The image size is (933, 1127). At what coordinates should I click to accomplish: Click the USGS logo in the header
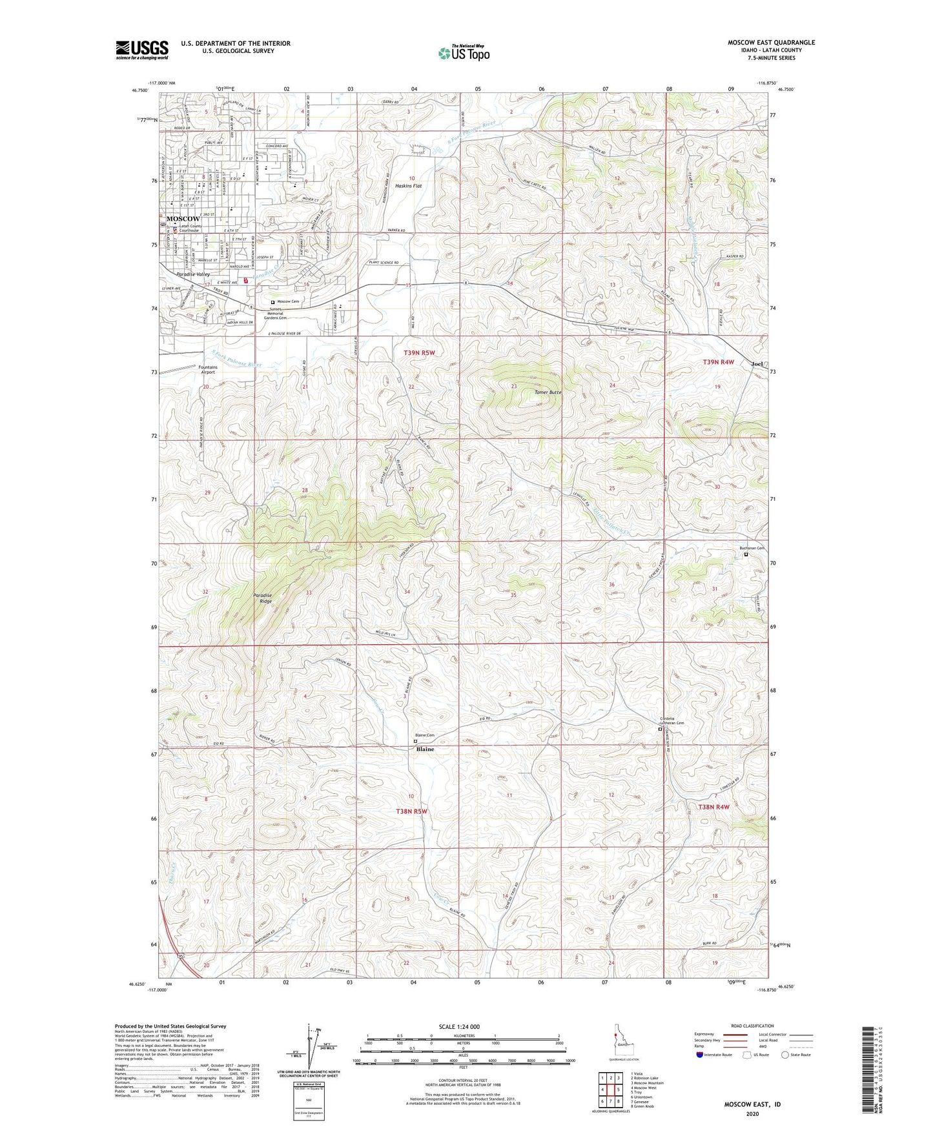141,49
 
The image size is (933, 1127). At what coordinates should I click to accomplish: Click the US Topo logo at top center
463,54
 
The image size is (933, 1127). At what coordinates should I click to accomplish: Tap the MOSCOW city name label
183,219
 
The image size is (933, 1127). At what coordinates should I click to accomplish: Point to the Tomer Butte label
548,392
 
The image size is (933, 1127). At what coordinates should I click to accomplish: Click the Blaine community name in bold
425,749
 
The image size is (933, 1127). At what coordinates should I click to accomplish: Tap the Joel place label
757,364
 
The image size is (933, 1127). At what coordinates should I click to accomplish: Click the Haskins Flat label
409,186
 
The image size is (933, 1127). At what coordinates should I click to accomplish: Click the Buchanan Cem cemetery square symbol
746,554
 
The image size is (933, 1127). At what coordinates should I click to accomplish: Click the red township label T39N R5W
419,352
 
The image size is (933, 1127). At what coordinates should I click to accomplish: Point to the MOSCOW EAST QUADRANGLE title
771,43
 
